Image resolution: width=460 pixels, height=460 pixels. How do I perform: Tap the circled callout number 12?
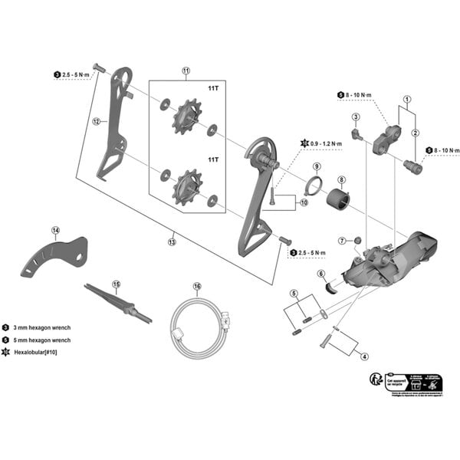(x=97, y=121)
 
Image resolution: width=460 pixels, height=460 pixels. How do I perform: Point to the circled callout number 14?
(x=56, y=230)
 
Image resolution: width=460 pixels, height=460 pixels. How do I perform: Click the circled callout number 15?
(x=117, y=284)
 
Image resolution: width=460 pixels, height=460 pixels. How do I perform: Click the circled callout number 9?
(x=316, y=166)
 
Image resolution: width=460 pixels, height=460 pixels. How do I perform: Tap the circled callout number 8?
(x=341, y=179)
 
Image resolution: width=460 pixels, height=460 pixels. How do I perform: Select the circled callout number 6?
(x=321, y=274)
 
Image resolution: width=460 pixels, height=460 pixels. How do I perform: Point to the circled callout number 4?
(x=365, y=356)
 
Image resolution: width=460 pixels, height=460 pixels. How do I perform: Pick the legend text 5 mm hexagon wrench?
(x=46, y=338)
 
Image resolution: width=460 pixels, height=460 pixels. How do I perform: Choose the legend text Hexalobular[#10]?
(x=38, y=351)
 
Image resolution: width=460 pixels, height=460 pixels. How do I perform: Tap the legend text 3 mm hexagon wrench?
(x=46, y=326)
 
